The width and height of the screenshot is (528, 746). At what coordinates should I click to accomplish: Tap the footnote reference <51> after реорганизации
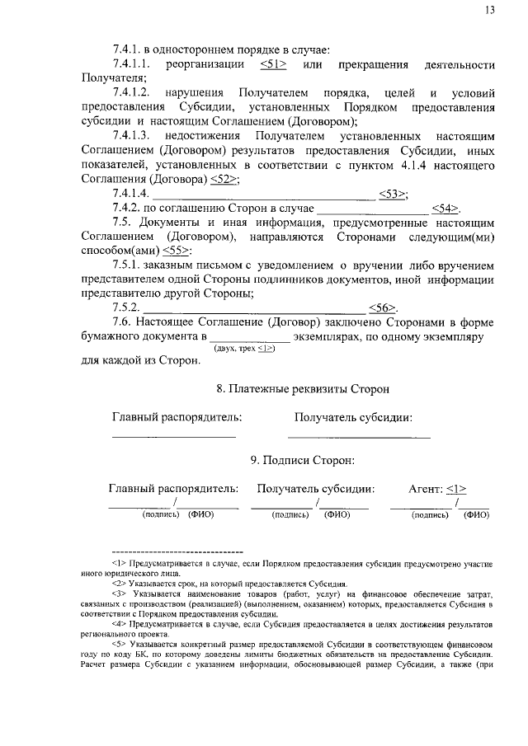click(x=273, y=64)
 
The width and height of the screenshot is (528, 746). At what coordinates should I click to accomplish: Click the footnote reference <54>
click(x=445, y=209)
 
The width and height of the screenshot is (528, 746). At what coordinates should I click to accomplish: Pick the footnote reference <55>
click(x=177, y=250)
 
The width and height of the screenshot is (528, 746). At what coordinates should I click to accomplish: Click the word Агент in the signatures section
click(x=426, y=488)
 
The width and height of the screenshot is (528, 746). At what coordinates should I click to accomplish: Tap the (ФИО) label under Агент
click(x=476, y=515)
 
